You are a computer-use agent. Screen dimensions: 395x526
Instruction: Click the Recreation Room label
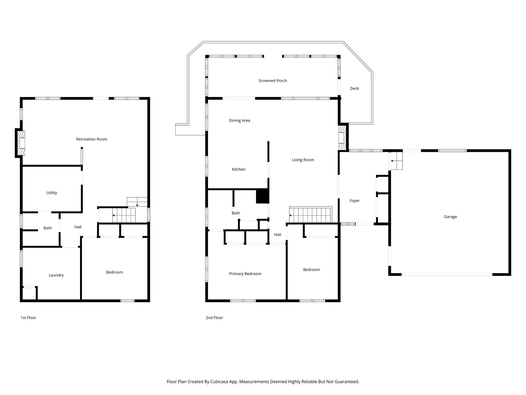pyautogui.click(x=91, y=139)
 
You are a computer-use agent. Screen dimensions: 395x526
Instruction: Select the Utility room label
pyautogui.click(x=52, y=193)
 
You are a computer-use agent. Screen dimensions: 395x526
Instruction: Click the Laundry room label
pyautogui.click(x=56, y=275)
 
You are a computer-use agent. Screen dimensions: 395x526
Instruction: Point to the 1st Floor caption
pyautogui.click(x=28, y=318)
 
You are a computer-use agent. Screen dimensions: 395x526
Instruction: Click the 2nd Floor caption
pyautogui.click(x=214, y=318)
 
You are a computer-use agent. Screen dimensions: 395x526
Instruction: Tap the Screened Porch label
pyautogui.click(x=273, y=81)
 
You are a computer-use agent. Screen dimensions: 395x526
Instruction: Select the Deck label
pyautogui.click(x=354, y=88)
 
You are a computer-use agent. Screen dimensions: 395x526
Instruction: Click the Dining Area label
pyautogui.click(x=239, y=120)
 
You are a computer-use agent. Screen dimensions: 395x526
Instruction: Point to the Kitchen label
pyautogui.click(x=238, y=169)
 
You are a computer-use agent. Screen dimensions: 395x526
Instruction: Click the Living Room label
pyautogui.click(x=303, y=160)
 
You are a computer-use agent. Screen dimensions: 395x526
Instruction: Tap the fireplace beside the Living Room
pyautogui.click(x=342, y=138)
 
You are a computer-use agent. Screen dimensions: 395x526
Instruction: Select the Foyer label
pyautogui.click(x=354, y=201)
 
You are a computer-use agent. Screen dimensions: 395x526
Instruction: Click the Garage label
pyautogui.click(x=450, y=217)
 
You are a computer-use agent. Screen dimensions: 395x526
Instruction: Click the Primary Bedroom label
pyautogui.click(x=245, y=274)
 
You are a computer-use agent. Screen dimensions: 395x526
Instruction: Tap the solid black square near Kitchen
pyautogui.click(x=262, y=196)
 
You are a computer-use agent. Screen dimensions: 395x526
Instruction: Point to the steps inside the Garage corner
pyautogui.click(x=396, y=161)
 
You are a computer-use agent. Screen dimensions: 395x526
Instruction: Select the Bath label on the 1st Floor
pyautogui.click(x=48, y=228)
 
